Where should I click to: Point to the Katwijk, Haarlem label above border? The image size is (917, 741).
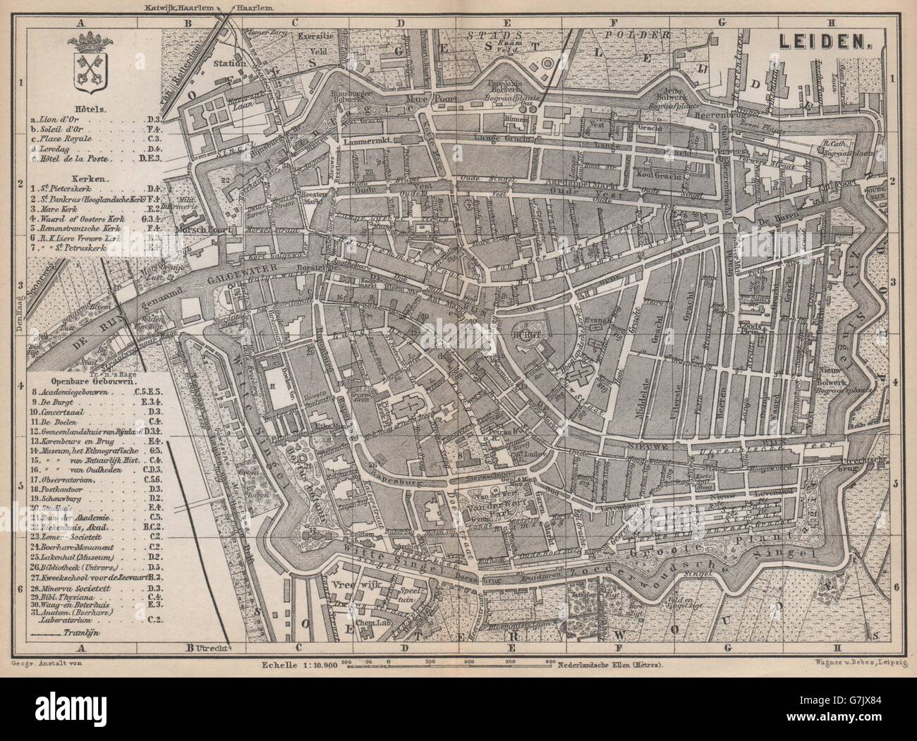tap(195, 6)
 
